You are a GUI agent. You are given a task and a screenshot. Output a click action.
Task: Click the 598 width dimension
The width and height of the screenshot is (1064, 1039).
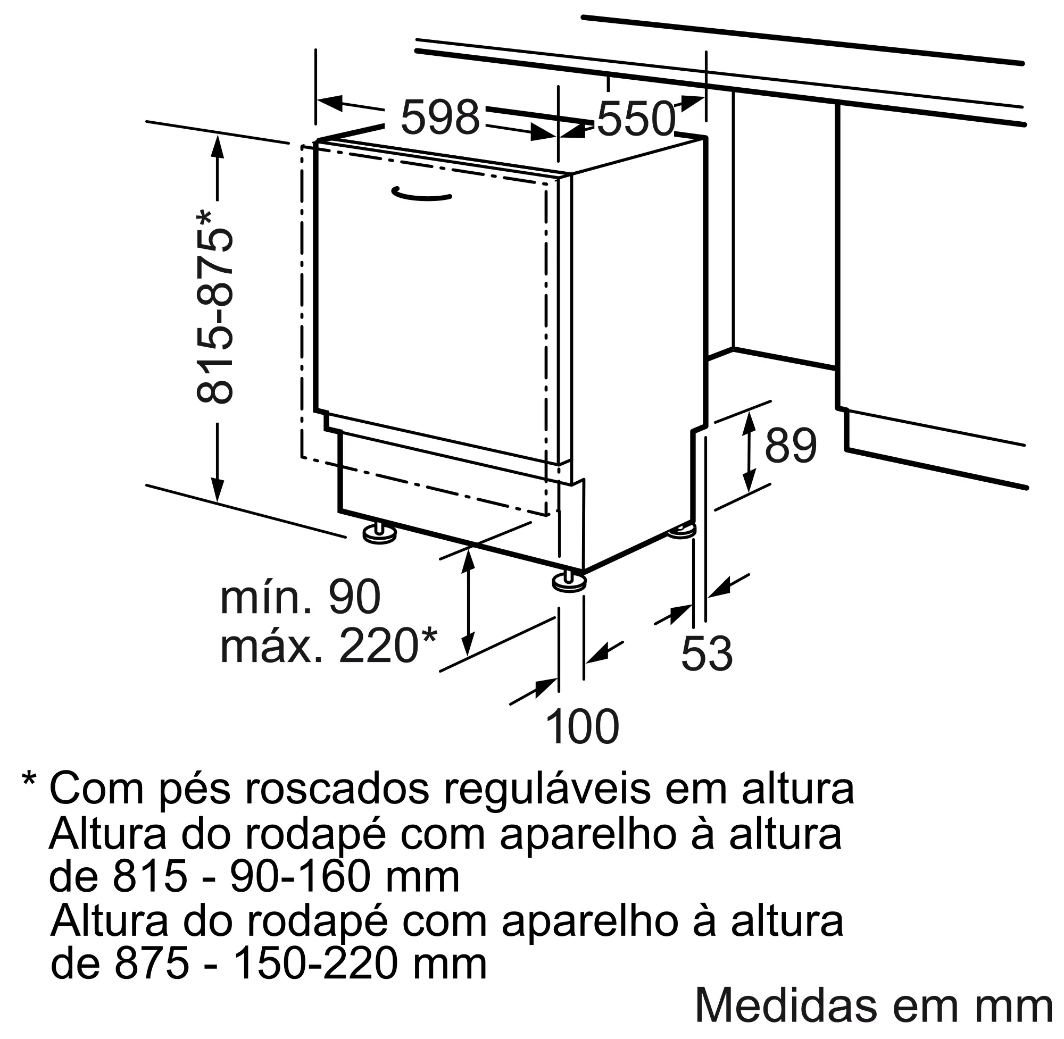pyautogui.click(x=440, y=118)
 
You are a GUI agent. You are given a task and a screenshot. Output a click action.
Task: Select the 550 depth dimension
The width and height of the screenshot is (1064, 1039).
pyautogui.click(x=635, y=119)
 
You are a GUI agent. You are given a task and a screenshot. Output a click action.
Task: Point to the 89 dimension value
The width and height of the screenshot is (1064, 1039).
pyautogui.click(x=790, y=446)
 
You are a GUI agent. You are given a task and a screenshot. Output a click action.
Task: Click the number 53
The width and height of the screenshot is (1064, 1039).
pyautogui.click(x=706, y=653)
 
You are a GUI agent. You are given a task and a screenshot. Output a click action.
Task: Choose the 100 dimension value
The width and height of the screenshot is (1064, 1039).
pyautogui.click(x=583, y=727)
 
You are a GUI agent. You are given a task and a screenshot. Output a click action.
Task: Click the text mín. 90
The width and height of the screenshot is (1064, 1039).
pyautogui.click(x=300, y=597)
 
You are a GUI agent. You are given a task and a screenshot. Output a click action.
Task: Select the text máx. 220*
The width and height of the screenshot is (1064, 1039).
pyautogui.click(x=329, y=645)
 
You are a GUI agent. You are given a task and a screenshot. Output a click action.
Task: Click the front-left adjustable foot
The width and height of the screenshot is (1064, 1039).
pyautogui.click(x=379, y=533)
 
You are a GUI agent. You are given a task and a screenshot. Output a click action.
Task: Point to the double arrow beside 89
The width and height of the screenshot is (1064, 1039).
pyautogui.click(x=749, y=453)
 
